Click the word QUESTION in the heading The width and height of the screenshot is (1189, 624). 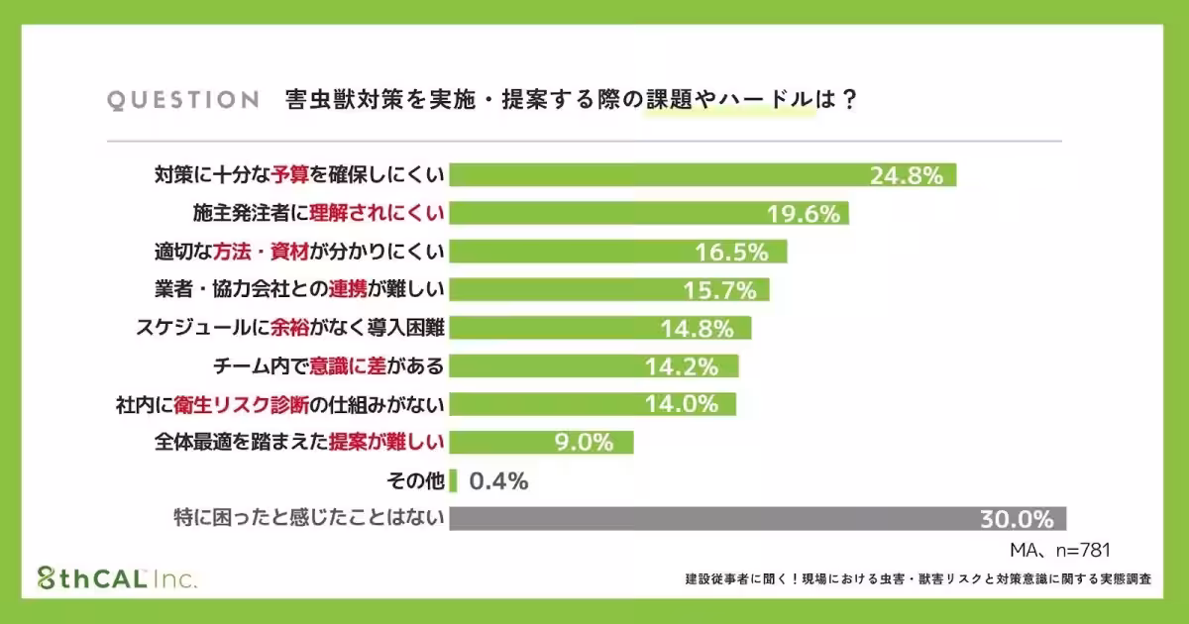click(x=182, y=100)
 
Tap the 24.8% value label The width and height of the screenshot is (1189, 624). click(x=906, y=175)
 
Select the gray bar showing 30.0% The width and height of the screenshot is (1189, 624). click(x=758, y=518)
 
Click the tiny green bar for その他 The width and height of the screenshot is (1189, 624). click(x=453, y=481)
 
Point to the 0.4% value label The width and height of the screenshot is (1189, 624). click(x=498, y=481)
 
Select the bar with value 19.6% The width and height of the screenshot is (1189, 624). click(x=649, y=213)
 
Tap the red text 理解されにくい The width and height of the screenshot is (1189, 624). click(x=377, y=213)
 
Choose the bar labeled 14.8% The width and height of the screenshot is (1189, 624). click(x=600, y=328)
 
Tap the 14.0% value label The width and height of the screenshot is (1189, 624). click(x=683, y=404)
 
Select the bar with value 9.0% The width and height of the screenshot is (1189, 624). click(x=541, y=442)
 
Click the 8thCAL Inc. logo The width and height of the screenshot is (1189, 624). click(x=117, y=578)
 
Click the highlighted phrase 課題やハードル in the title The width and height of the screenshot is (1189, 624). click(x=729, y=100)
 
